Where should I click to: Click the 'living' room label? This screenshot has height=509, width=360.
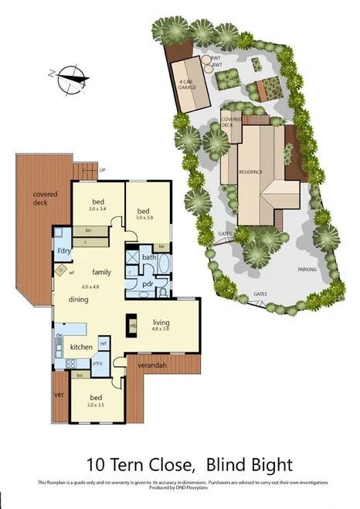click(x=160, y=323)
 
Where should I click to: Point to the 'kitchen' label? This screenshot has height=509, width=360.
click(x=81, y=348)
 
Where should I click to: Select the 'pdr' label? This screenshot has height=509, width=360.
click(x=148, y=283)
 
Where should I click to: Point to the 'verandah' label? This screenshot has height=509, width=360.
click(x=153, y=365)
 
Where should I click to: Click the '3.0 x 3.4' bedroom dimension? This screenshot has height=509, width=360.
click(x=99, y=209)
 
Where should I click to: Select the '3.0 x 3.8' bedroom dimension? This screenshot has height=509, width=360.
click(x=144, y=218)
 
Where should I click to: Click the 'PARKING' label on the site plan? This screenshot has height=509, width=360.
click(x=307, y=270)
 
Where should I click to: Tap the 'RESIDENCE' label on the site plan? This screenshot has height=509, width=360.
click(x=250, y=171)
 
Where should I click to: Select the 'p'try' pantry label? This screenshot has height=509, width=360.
click(x=98, y=362)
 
